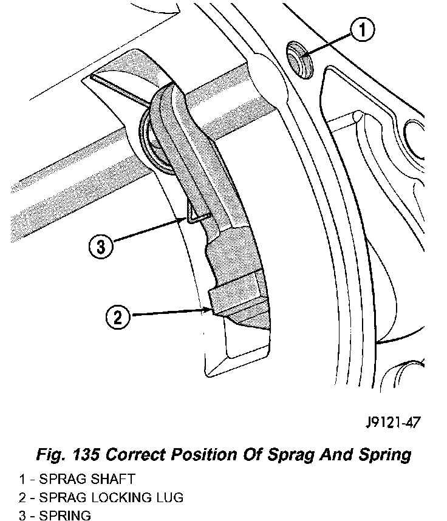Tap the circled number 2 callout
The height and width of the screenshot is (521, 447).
(x=118, y=316)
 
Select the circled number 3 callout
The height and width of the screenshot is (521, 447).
(x=100, y=247)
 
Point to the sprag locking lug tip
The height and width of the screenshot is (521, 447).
(x=214, y=310)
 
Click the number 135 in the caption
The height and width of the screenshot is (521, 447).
(x=90, y=454)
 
